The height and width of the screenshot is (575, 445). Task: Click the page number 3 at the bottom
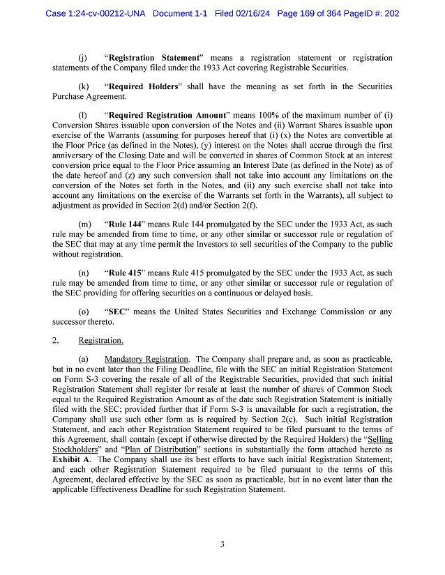tap(222, 544)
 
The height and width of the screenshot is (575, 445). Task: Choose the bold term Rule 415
tap(126, 273)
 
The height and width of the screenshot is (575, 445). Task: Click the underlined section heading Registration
tap(101, 340)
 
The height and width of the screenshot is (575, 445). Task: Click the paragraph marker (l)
tap(83, 115)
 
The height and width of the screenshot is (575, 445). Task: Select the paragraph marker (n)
tap(84, 273)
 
